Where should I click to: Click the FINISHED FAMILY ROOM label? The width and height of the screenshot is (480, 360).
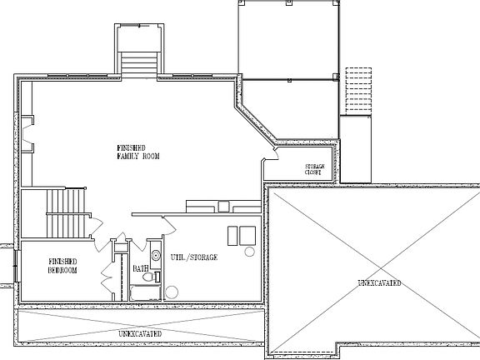pyautogui.click(x=137, y=152)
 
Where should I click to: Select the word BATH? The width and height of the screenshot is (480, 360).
pyautogui.click(x=140, y=268)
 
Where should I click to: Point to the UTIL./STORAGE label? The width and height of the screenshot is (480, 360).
pyautogui.click(x=194, y=258)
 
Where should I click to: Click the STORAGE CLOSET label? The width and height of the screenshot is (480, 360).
pyautogui.click(x=313, y=169)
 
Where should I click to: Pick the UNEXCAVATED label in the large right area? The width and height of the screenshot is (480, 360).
pyautogui.click(x=379, y=284)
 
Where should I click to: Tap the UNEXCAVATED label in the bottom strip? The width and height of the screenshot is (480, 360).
pyautogui.click(x=139, y=333)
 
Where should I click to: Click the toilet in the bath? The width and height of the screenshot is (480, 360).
pyautogui.click(x=156, y=257)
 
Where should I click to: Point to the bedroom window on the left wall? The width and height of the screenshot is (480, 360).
pyautogui.click(x=14, y=266)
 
